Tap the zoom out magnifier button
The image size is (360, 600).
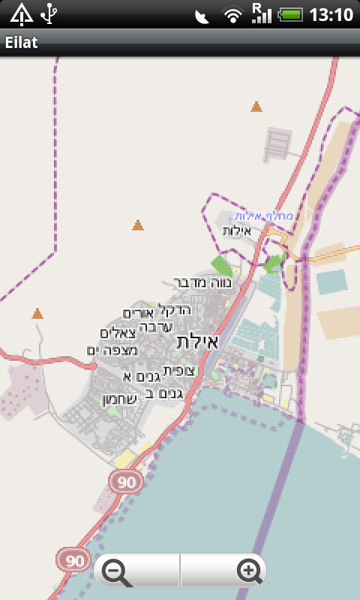[x=116, y=572]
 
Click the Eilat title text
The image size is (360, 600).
[x=22, y=43]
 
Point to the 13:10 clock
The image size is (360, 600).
[x=331, y=14]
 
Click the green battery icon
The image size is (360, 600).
[x=290, y=14]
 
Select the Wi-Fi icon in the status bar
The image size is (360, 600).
[x=233, y=14]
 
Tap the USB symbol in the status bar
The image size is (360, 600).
[x=49, y=13]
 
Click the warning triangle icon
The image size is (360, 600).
[x=21, y=13]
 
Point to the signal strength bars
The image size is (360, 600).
[x=261, y=13]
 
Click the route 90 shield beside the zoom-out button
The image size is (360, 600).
[x=73, y=559]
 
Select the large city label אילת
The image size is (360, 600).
[x=197, y=342]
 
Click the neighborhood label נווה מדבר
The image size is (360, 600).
[x=203, y=283]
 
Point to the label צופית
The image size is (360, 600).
[x=179, y=370]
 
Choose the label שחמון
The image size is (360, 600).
[x=119, y=399]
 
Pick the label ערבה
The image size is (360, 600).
[x=157, y=326]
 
